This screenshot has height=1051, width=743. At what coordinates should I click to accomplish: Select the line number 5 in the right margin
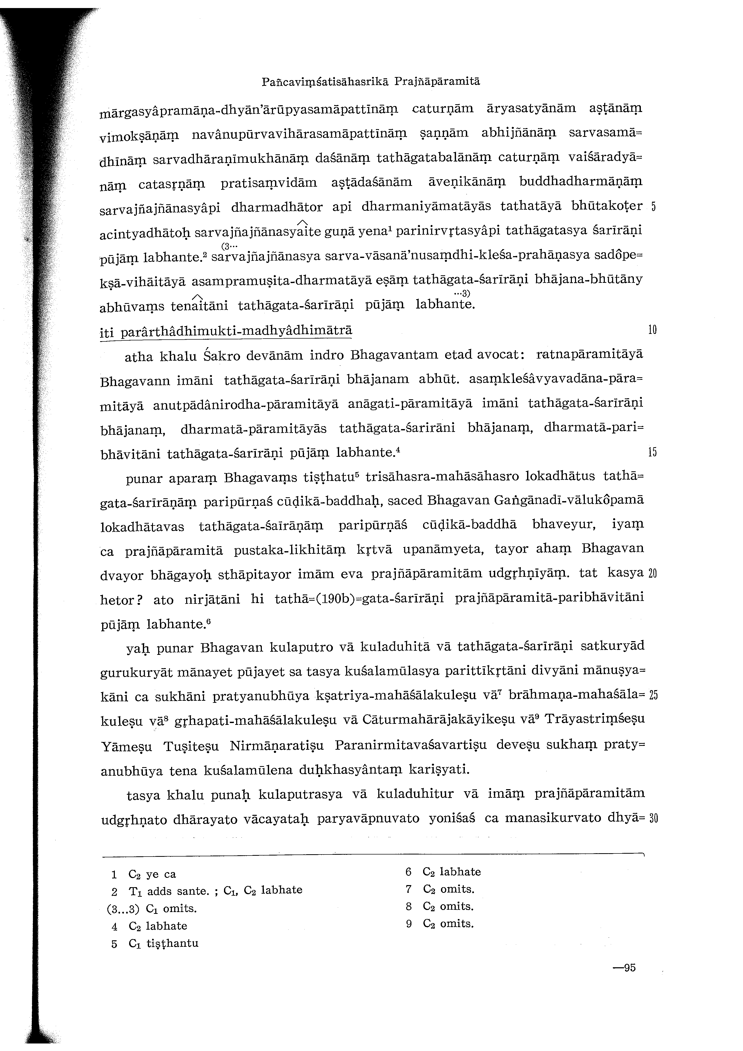coord(654,206)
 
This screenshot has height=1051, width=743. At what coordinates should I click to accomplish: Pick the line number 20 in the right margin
coord(653,574)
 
